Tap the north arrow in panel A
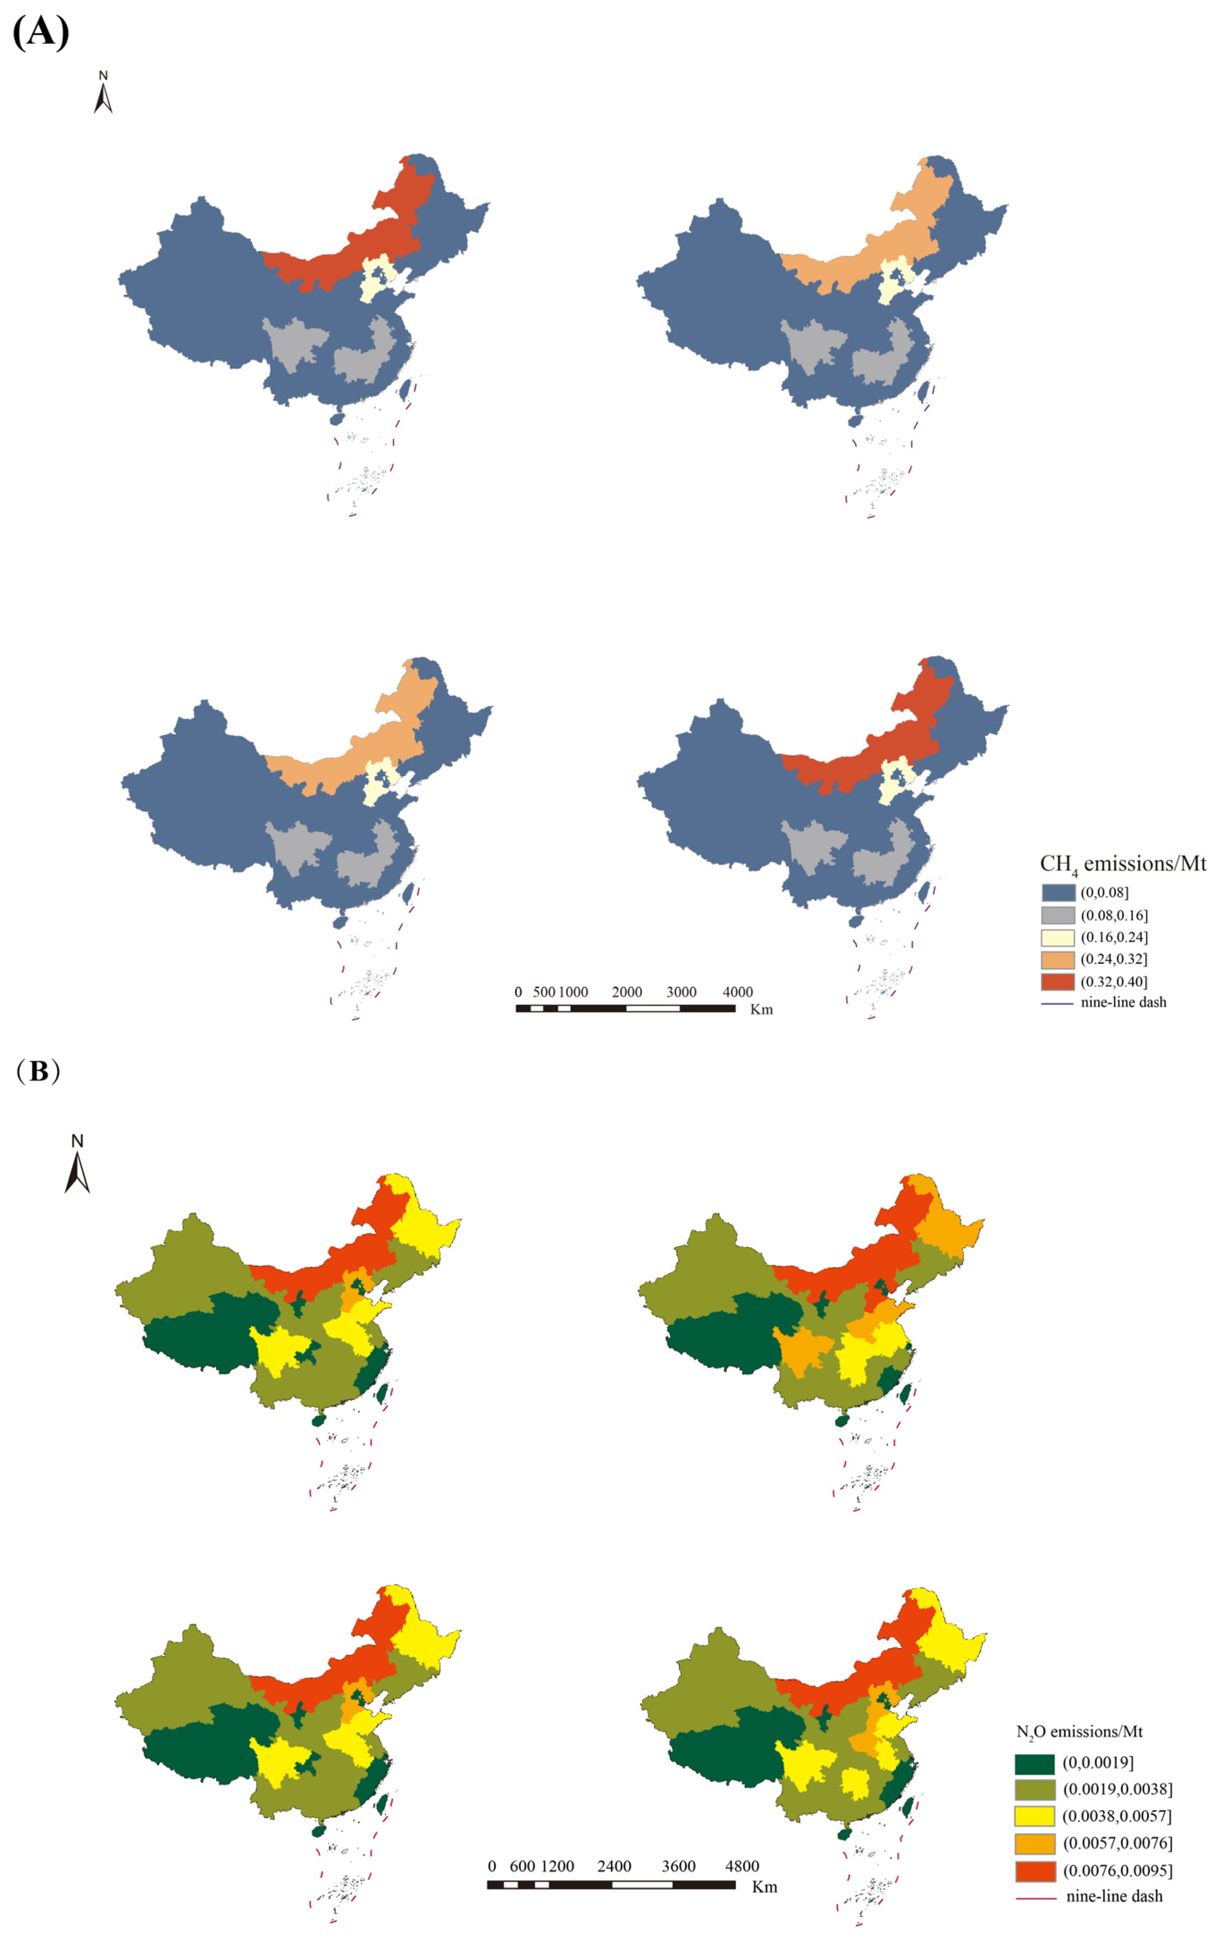coord(103,93)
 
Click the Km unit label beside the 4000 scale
coord(761,1010)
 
